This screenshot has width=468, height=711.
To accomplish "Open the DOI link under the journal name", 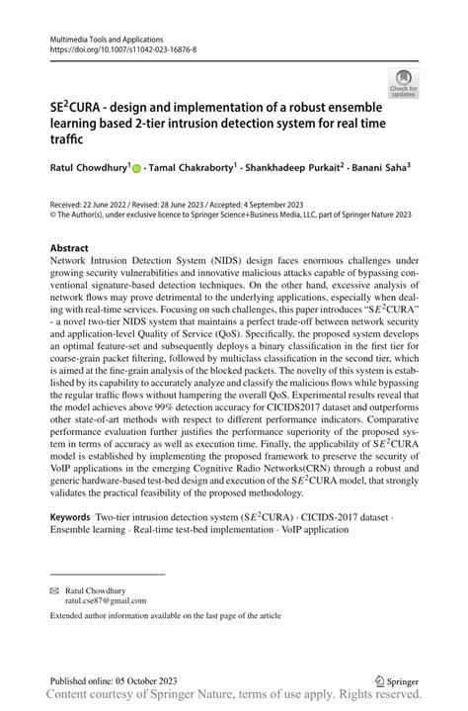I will (x=117, y=46).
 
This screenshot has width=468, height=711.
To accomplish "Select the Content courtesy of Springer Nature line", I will (x=233, y=699).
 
